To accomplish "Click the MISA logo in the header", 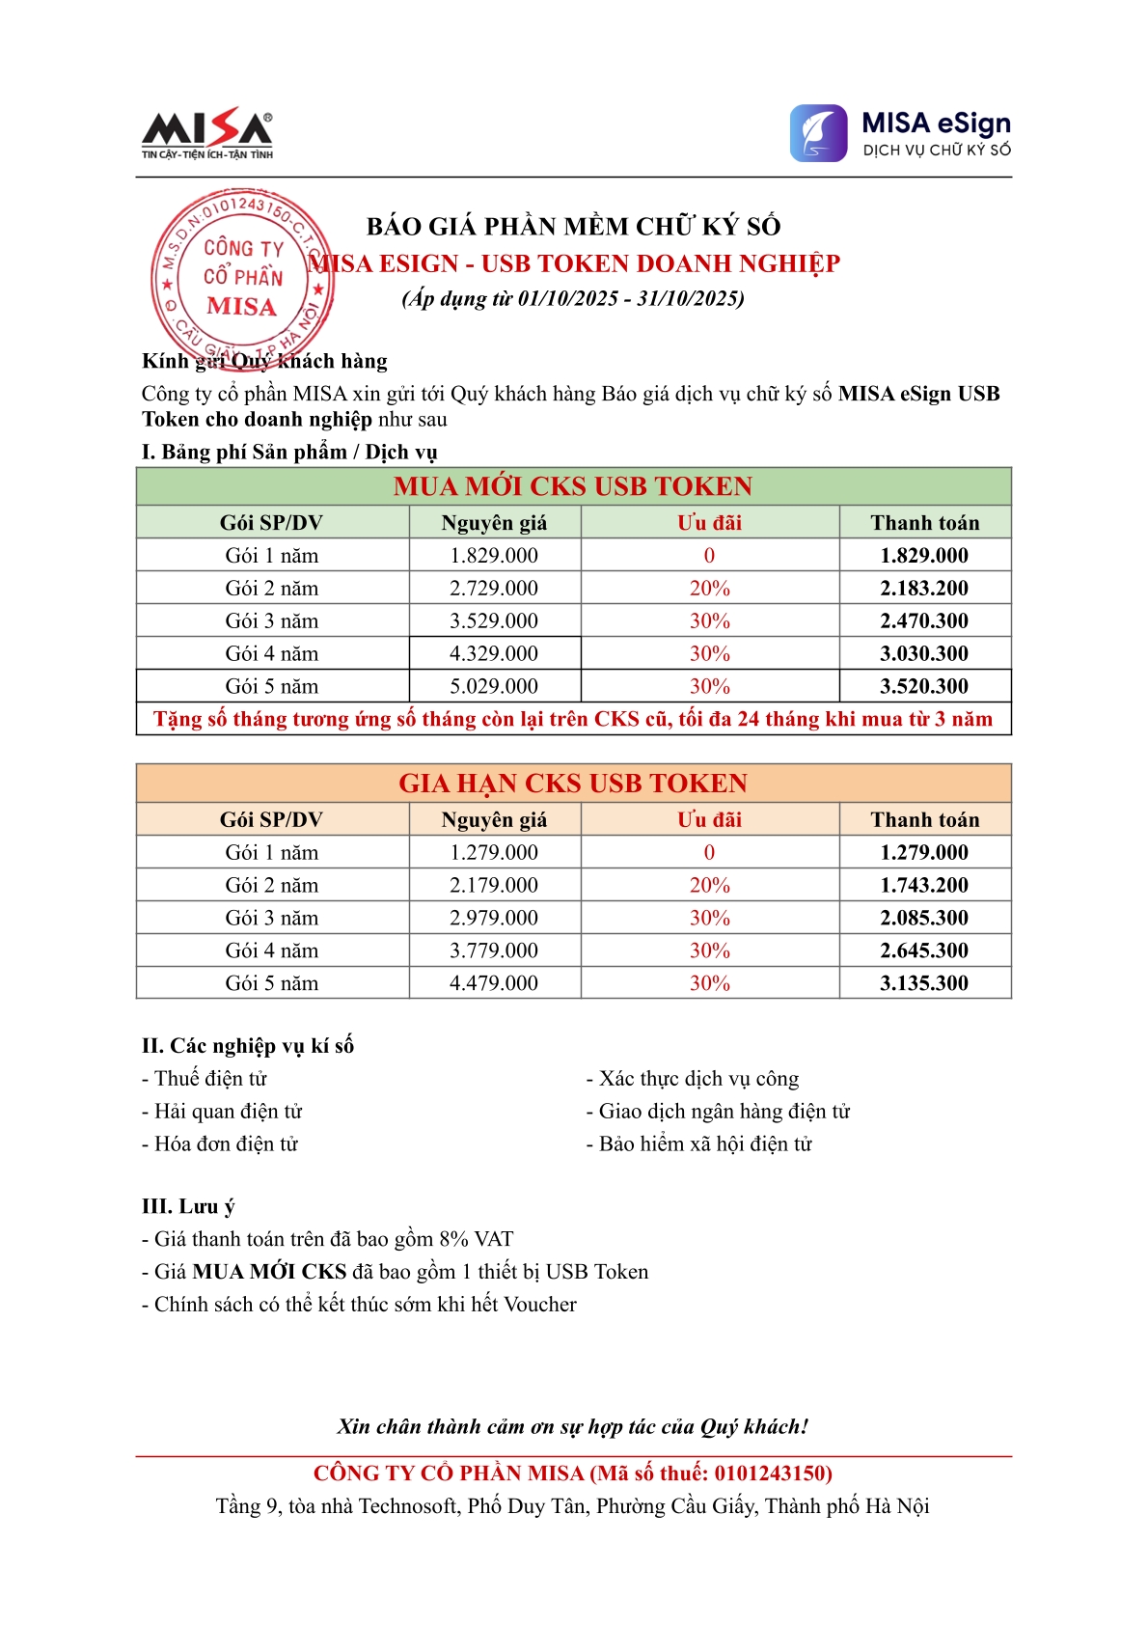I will tap(206, 133).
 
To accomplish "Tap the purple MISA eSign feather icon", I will tap(818, 133).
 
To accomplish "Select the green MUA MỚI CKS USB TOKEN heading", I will tap(573, 486).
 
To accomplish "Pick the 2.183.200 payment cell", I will tap(923, 589).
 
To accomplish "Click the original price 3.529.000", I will tap(494, 621).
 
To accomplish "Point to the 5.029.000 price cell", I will tap(494, 687).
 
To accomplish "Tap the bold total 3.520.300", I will tap(923, 687).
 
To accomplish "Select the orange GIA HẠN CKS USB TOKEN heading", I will tap(573, 784).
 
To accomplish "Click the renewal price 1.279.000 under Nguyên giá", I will tap(494, 853).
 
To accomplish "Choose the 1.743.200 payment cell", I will tap(923, 886).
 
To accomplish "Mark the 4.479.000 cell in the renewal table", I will tap(494, 984).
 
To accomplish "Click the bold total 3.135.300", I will tap(923, 984).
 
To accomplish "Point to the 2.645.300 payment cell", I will tap(923, 951).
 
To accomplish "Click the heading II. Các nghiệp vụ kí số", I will tap(248, 1046).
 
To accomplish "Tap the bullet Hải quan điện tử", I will tap(222, 1112).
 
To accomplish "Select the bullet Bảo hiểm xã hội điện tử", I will tap(699, 1144).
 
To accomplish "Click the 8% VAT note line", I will tap(328, 1239).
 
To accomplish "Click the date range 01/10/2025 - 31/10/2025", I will tap(630, 298).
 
